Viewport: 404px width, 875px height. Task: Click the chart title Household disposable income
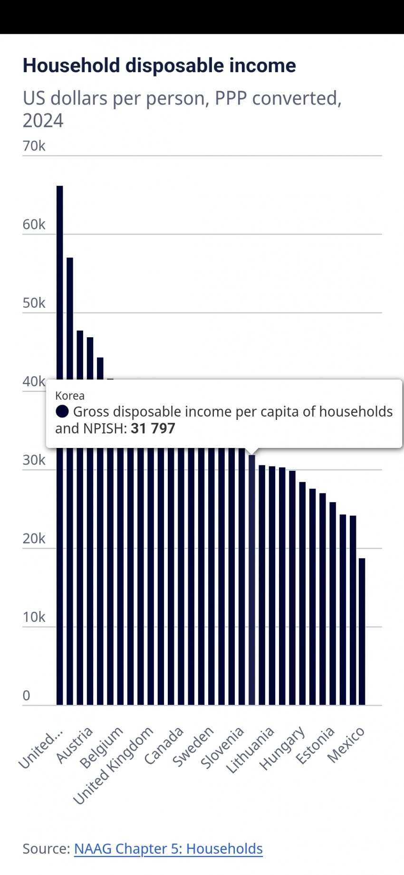159,66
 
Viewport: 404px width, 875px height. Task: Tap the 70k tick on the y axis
34,146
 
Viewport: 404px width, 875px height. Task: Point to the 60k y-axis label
34,224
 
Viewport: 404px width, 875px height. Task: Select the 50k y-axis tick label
34,303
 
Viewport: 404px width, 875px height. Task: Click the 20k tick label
34,539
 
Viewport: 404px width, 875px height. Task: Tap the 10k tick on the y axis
34,617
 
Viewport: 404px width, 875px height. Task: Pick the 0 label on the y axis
27,695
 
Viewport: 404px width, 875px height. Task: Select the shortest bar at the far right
362,632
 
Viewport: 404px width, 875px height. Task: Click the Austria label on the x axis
75,745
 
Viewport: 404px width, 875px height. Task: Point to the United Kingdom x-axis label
114,765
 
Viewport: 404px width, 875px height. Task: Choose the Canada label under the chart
164,745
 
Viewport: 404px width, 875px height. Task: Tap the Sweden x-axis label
193,747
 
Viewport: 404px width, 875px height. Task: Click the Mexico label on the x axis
346,744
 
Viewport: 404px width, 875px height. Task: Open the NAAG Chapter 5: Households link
168,848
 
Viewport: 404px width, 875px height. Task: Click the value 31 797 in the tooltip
153,428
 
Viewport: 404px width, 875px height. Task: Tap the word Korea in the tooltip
70,396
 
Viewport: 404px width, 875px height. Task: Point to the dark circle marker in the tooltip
62,411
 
